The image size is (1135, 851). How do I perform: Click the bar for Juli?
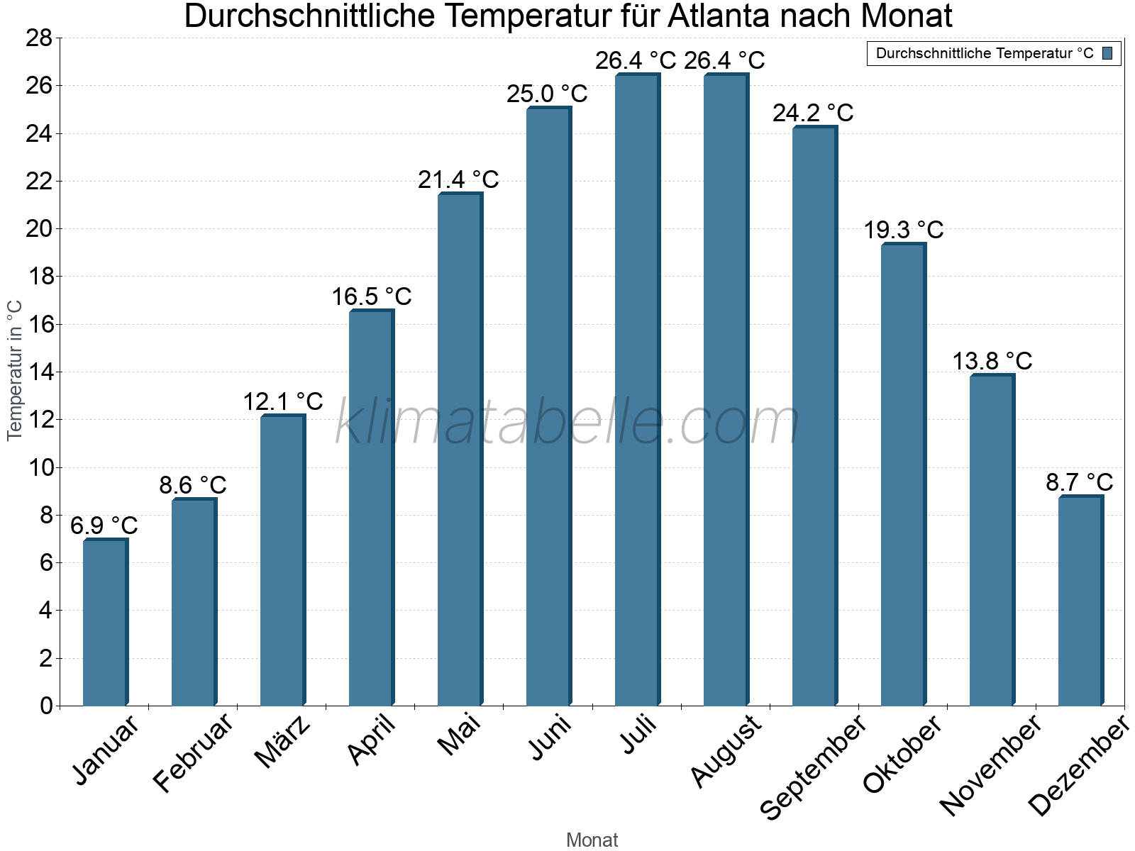pos(637,390)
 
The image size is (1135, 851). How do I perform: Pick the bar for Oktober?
pos(903,474)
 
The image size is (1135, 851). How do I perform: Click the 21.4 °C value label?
pos(458,179)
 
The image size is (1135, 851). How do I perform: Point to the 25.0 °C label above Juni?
pos(547,94)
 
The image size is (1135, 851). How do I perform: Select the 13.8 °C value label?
pos(992,361)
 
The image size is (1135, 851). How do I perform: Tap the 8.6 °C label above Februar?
pos(192,485)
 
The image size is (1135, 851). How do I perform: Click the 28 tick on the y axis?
pos(39,38)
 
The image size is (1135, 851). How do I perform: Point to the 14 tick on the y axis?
pos(39,372)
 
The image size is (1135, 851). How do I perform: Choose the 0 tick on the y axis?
pos(46,706)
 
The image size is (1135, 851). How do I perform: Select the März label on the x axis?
pos(283,742)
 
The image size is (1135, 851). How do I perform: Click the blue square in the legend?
pos(1107,53)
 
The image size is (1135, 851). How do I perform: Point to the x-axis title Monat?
pos(592,840)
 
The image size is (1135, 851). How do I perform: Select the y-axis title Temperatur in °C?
pos(15,370)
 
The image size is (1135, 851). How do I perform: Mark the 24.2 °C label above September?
pos(813,113)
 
